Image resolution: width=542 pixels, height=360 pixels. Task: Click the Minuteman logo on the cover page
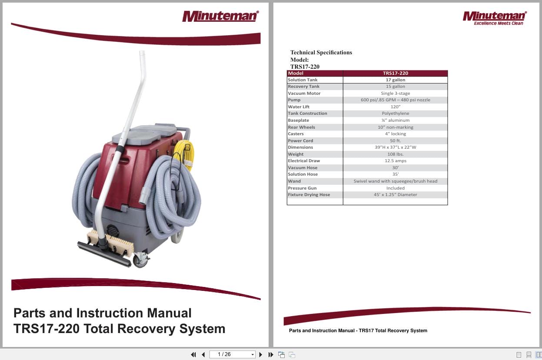pos(220,16)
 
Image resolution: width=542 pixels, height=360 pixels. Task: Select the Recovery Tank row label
pos(303,87)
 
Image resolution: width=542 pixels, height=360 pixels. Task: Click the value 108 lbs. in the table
pos(395,154)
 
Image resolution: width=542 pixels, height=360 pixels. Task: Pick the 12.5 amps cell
pos(395,161)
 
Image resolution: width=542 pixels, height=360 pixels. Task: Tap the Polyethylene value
pos(395,113)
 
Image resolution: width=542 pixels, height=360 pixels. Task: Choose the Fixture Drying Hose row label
pos(309,195)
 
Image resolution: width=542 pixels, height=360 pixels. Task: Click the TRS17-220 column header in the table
pos(395,73)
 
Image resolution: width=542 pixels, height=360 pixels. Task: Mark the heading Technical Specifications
pos(321,53)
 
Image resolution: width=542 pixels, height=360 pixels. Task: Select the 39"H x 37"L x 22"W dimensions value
pos(395,147)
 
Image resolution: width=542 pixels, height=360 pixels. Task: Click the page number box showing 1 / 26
pos(232,354)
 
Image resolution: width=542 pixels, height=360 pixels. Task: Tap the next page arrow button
pos(261,354)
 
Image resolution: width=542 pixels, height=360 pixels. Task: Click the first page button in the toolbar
pos(193,354)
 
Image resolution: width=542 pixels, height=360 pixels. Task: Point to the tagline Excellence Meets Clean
pos(498,23)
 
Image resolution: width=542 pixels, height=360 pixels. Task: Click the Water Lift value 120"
pos(395,107)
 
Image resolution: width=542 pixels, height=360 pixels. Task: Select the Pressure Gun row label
pos(302,188)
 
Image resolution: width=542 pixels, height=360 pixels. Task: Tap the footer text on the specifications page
pos(358,331)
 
